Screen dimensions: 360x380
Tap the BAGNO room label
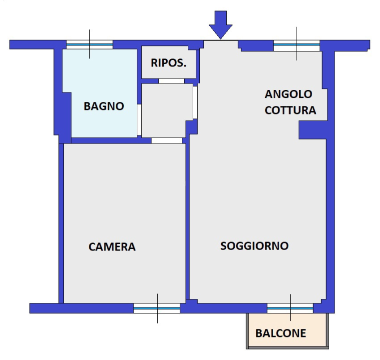click(104, 106)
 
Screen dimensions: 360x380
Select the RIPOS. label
click(169, 63)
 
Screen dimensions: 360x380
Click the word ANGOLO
click(289, 94)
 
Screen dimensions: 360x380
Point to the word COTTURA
click(290, 110)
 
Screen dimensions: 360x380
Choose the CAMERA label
click(112, 246)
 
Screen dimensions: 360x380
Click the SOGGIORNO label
click(255, 246)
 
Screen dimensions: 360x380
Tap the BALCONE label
click(281, 333)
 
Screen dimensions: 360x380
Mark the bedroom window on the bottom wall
click(156, 308)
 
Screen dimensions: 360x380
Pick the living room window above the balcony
click(290, 308)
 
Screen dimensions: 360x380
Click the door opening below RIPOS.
click(171, 81)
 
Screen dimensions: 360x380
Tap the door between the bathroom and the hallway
click(139, 116)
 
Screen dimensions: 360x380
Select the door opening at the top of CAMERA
click(167, 140)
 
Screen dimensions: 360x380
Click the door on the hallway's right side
click(195, 102)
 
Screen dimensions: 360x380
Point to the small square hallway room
click(167, 109)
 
